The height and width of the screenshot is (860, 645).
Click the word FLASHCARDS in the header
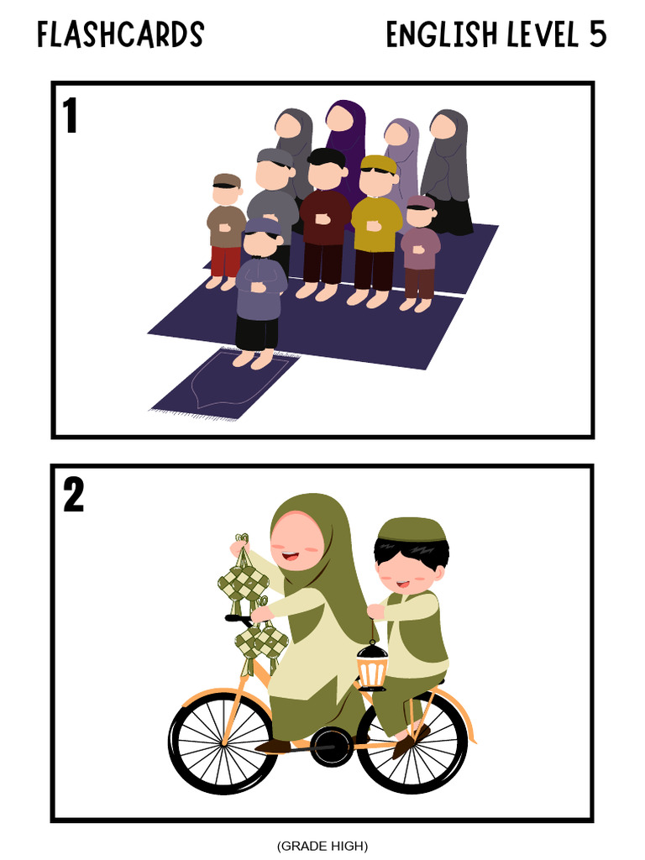click(121, 34)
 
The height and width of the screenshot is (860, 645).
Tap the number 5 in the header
click(598, 34)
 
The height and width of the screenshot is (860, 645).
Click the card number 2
click(74, 495)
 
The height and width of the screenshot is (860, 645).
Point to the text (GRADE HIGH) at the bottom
click(322, 846)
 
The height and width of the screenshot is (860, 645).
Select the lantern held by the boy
click(372, 665)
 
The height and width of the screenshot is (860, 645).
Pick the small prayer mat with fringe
click(225, 385)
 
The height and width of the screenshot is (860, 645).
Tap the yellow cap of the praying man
click(379, 164)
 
